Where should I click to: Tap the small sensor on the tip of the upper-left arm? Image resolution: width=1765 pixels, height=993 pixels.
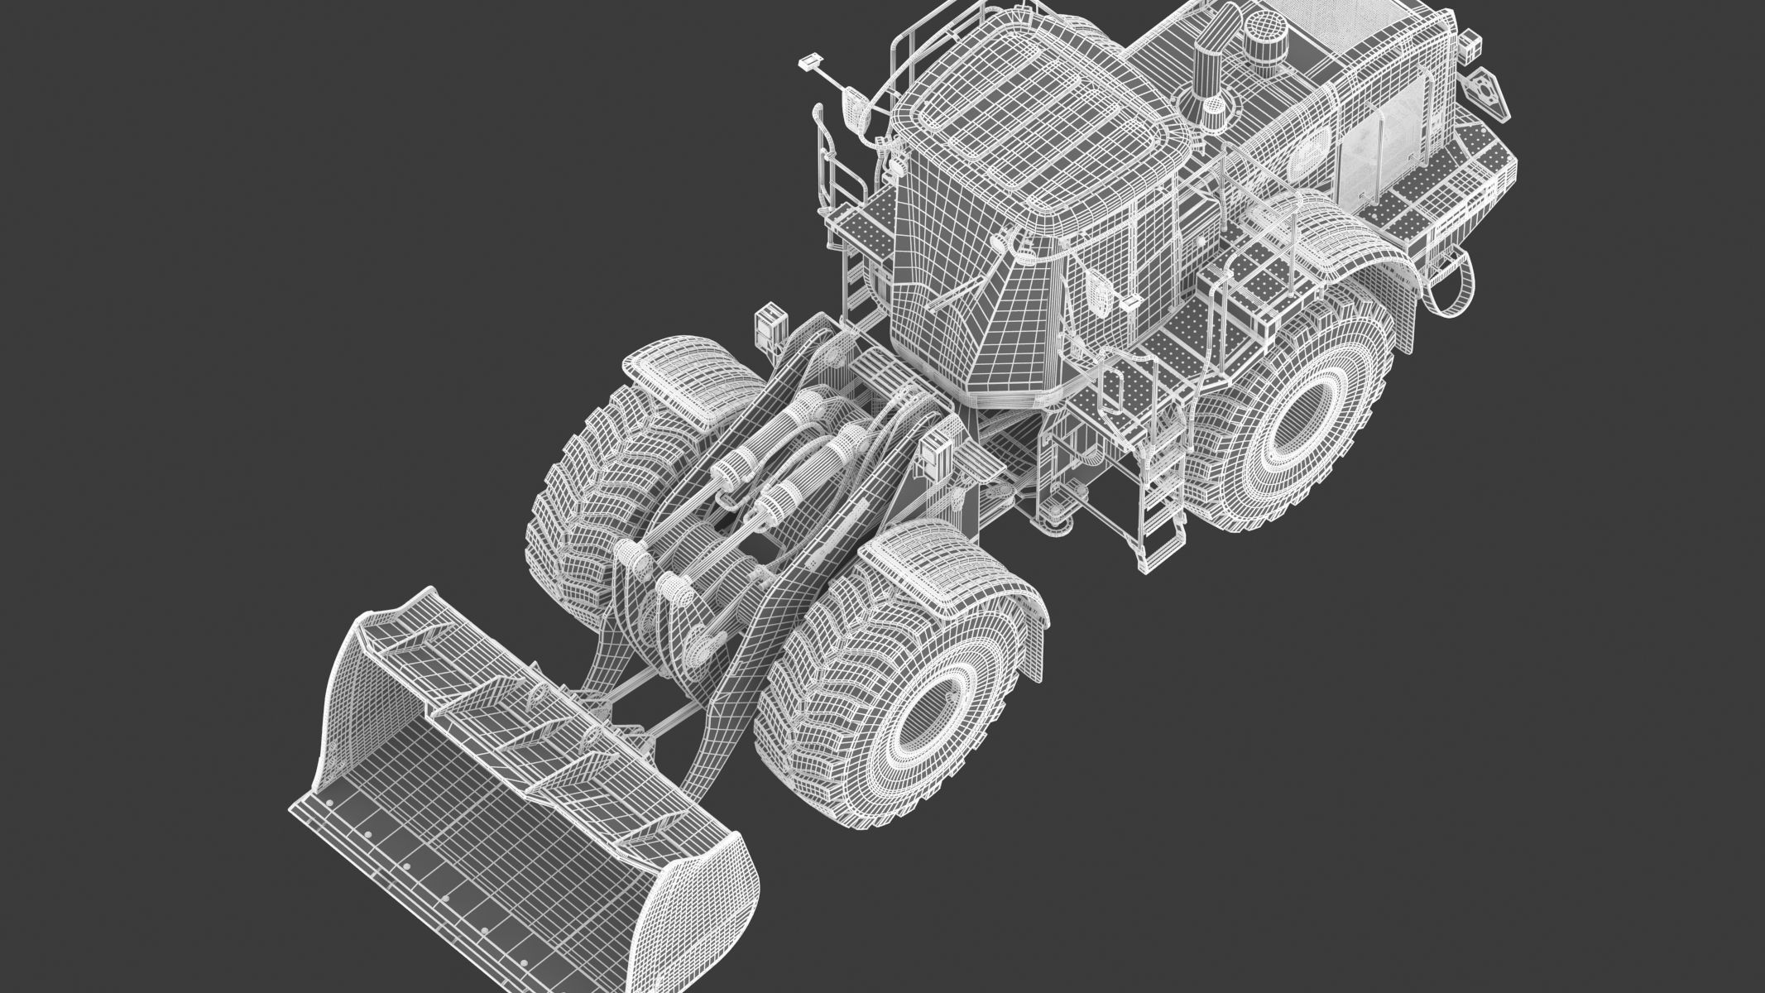point(808,62)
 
